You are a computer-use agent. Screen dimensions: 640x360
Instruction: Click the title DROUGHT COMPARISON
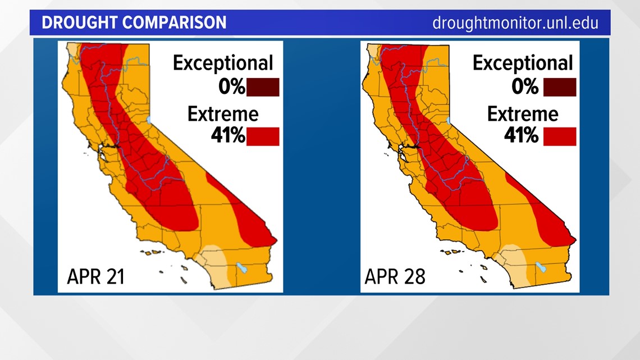tap(134, 22)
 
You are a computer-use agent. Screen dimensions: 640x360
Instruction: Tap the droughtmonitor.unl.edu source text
tap(515, 23)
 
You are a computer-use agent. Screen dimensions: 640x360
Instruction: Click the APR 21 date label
tap(95, 276)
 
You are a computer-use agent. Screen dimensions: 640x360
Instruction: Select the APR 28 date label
tap(395, 276)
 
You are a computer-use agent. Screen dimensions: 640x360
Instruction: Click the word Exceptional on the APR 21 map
tap(223, 63)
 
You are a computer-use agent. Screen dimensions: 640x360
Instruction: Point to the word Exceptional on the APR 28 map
tap(523, 63)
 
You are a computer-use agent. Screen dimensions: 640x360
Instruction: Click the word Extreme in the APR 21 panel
tap(223, 114)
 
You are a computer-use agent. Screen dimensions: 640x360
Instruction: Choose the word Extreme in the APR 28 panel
tap(523, 114)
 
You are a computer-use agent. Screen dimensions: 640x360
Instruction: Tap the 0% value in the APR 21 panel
tap(232, 86)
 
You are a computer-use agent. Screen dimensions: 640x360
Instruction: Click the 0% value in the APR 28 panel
tap(525, 86)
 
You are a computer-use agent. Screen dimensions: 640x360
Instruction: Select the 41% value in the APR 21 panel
tap(228, 135)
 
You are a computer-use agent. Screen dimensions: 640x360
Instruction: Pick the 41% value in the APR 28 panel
tap(521, 135)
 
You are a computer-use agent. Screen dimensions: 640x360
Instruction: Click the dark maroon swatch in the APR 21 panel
tap(263, 87)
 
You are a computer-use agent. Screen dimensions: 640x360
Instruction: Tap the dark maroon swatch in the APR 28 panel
tap(560, 87)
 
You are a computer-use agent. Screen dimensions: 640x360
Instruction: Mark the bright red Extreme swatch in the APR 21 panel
tap(263, 136)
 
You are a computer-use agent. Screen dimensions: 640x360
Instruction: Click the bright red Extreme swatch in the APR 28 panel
tap(560, 136)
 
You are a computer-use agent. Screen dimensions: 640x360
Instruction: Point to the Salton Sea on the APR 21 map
tap(242, 268)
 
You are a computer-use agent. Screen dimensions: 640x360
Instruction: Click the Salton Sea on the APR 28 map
tap(541, 267)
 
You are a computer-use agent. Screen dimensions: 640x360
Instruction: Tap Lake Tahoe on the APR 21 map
tap(149, 120)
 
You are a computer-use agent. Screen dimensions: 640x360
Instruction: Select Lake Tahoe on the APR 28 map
tap(448, 120)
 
